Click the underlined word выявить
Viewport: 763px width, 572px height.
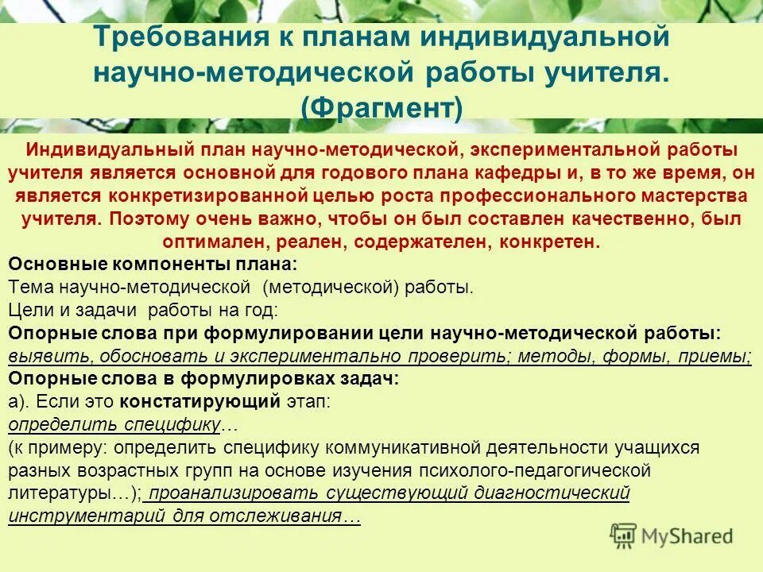point(41,356)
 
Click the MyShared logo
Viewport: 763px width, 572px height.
point(672,535)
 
